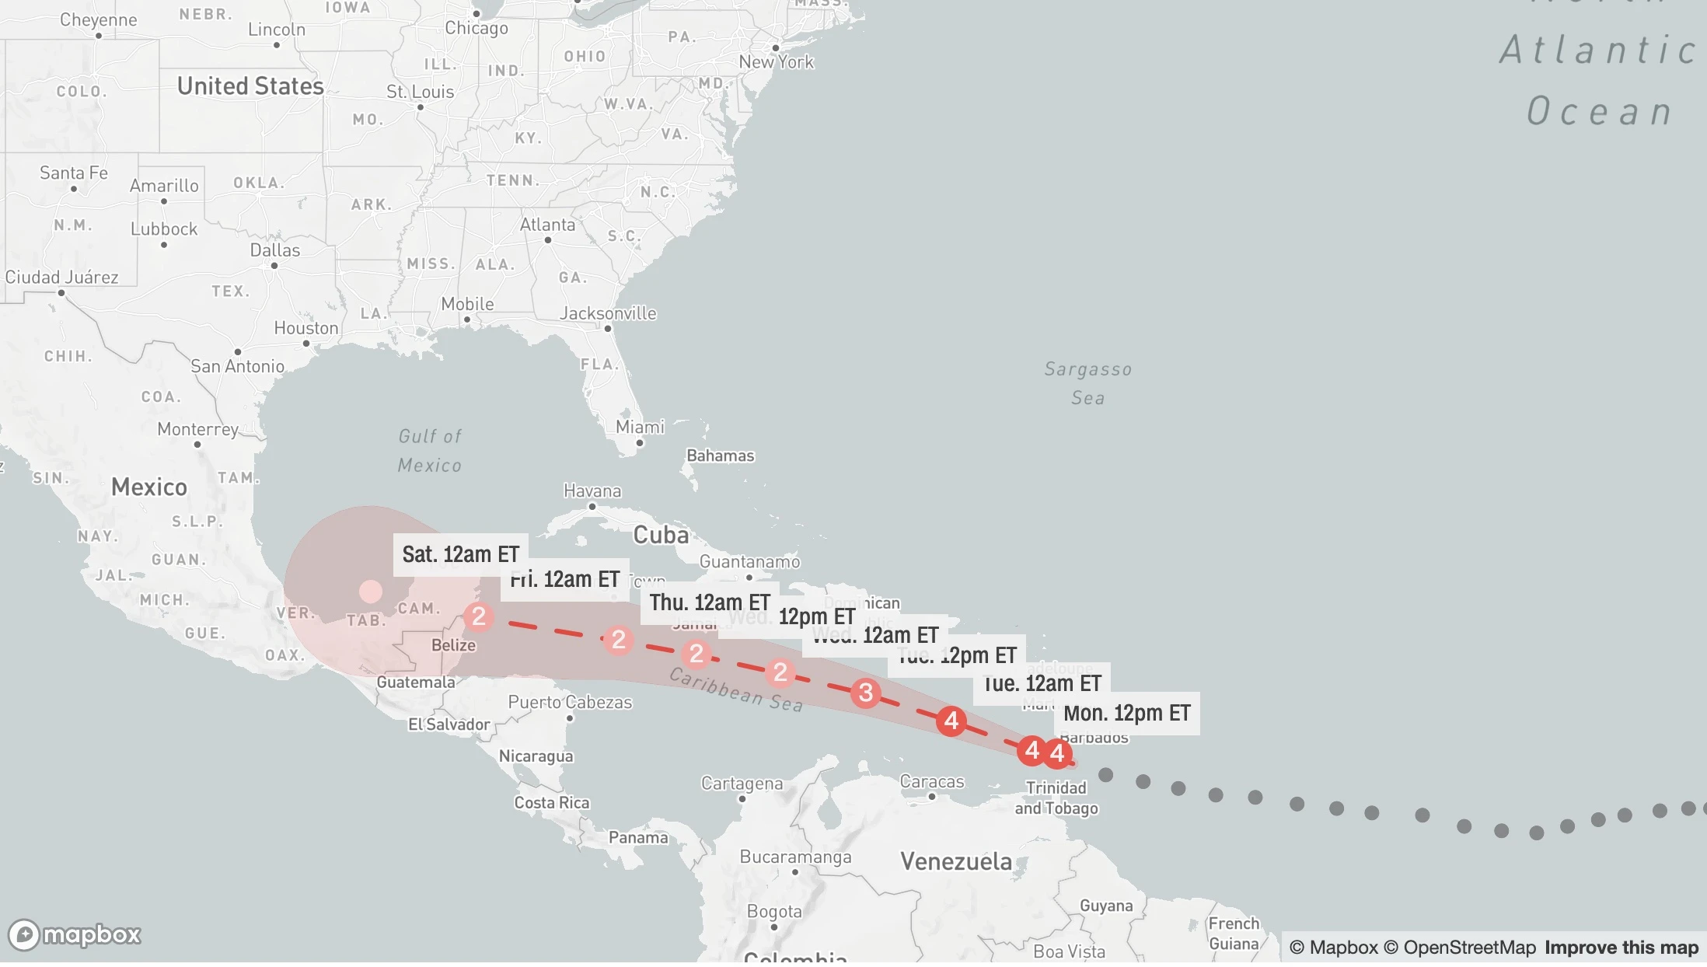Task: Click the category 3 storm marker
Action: point(865,693)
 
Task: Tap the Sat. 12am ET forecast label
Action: point(460,554)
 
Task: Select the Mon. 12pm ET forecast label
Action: point(1126,713)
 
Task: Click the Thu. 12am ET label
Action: point(709,602)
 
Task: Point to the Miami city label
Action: point(640,427)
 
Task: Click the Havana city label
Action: point(592,490)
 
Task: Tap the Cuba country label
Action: point(661,535)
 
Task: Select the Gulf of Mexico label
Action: point(430,451)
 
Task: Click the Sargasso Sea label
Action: point(1087,383)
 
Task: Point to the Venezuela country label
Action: point(956,861)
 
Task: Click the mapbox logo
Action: point(75,934)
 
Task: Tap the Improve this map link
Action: point(1621,948)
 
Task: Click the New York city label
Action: point(776,61)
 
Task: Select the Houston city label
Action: point(306,328)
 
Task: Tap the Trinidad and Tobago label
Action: point(1056,798)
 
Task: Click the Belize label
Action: point(453,645)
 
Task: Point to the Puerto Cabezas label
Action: point(570,702)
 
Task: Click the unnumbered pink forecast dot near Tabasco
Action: point(371,592)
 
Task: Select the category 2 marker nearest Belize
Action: point(479,616)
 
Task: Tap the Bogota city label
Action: point(773,911)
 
